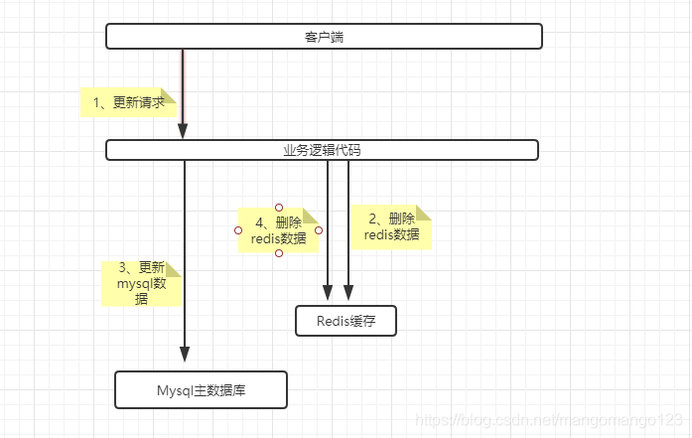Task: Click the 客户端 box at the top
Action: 324,37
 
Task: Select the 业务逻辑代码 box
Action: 322,150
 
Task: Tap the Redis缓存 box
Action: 346,321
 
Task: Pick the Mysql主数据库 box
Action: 201,389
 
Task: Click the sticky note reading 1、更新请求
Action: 128,102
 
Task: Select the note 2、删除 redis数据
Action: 391,226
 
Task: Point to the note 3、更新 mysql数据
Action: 140,282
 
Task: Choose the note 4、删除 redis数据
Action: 278,230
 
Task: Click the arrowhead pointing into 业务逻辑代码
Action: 183,132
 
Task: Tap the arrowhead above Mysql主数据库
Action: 184,356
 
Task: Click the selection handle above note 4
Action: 279,208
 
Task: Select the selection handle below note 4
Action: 279,253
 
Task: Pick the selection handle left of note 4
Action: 238,230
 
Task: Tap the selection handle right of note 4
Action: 319,230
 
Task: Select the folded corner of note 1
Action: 168,93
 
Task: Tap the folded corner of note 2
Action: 424,213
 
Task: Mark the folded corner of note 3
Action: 175,267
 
